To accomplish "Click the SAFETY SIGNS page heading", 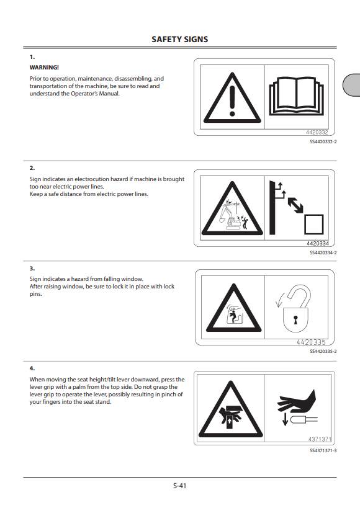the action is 179,39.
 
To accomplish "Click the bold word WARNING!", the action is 44,68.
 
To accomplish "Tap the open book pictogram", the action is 297,96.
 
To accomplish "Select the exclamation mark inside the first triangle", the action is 232,100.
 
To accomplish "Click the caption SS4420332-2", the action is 323,141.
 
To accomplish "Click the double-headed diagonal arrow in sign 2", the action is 295,205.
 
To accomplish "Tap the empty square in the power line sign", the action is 313,224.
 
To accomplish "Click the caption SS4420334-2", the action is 323,252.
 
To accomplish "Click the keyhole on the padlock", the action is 295,319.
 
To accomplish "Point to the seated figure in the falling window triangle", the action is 233,316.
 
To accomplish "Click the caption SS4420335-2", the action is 323,351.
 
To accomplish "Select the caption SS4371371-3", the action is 323,450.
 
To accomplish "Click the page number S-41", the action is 179,486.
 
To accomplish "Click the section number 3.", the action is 32,268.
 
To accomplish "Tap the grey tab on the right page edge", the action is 351,85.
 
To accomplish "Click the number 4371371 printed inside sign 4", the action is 320,439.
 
